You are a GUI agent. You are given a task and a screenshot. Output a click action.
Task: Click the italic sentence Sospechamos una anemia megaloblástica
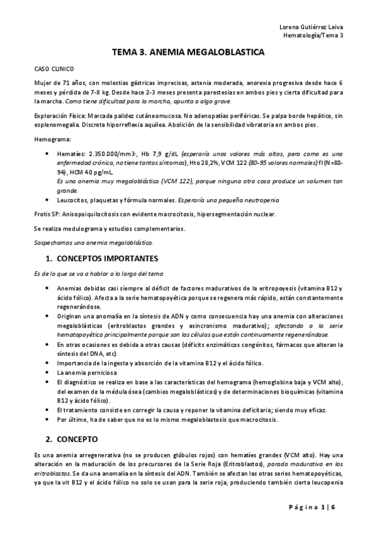click(93, 242)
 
